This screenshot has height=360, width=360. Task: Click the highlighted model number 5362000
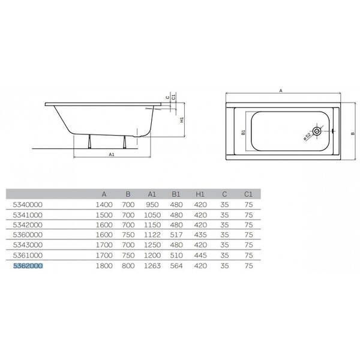(x=28, y=266)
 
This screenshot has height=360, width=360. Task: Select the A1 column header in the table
(x=152, y=194)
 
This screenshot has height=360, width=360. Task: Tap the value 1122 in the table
(x=152, y=235)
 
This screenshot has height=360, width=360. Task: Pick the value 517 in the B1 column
(x=176, y=235)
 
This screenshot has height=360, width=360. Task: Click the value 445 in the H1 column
(x=200, y=255)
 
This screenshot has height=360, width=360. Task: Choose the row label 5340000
(x=28, y=205)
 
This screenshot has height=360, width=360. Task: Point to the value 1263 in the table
(x=152, y=266)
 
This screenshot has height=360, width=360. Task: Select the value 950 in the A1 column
(x=152, y=205)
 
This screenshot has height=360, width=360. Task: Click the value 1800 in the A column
(x=104, y=266)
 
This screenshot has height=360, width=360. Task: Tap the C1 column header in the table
(x=248, y=194)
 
